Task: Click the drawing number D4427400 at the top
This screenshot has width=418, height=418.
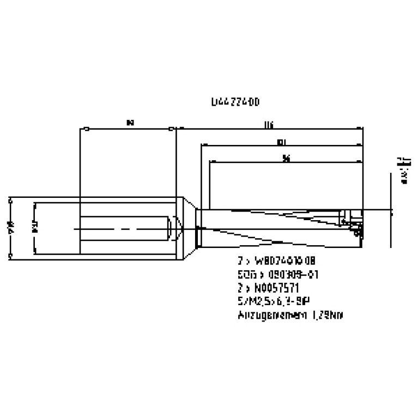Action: (235, 102)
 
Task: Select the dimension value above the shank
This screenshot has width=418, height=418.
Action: (129, 124)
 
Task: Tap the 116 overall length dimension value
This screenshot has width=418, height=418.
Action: (268, 125)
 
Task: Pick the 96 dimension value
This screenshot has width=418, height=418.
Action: (286, 159)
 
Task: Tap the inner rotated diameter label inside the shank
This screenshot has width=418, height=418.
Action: (34, 227)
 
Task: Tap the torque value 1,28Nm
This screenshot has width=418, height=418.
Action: (326, 314)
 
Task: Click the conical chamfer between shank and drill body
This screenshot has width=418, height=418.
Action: (186, 227)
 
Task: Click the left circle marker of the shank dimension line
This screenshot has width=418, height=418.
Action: (87, 129)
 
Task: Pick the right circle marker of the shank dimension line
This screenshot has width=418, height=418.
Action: (171, 129)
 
